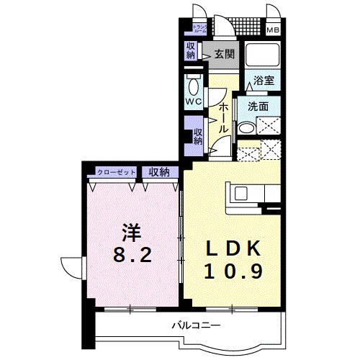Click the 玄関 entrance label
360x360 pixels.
223,53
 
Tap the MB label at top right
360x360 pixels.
274,30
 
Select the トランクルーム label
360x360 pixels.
199,30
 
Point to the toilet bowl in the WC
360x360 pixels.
193,86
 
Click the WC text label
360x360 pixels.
193,102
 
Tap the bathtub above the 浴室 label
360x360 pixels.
259,56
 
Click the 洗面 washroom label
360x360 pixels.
258,106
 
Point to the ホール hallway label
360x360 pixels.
224,115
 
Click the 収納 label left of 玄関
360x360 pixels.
191,50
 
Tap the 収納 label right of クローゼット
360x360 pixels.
159,172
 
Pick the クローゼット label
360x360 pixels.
117,172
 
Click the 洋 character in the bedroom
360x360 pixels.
130,233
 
